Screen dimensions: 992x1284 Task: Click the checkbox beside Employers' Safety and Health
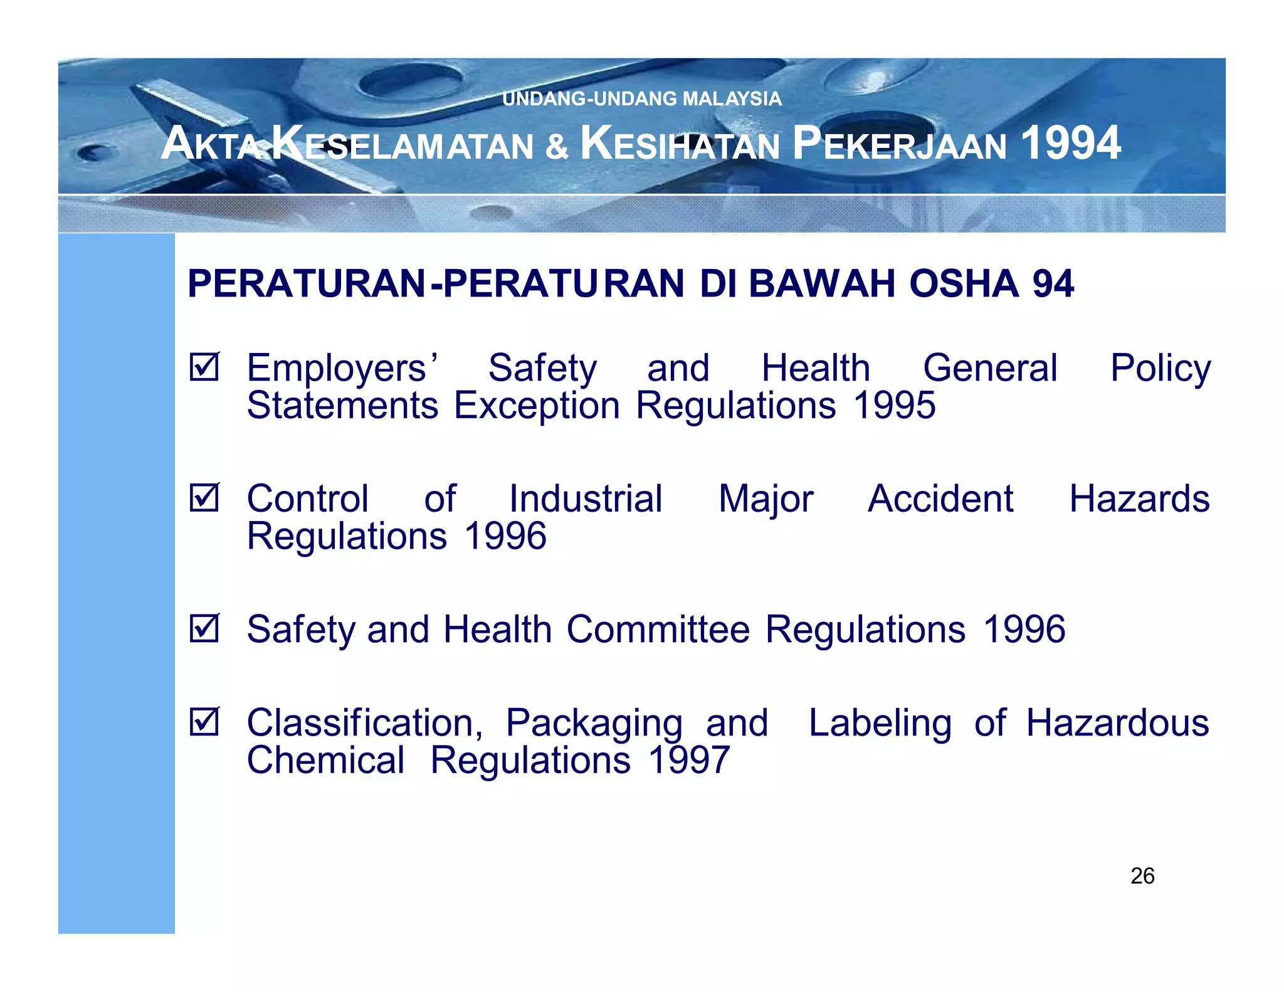click(x=204, y=367)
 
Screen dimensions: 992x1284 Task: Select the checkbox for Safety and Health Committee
click(x=204, y=628)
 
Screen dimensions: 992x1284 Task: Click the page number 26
click(x=1142, y=876)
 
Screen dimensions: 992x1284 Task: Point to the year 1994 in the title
click(x=1070, y=143)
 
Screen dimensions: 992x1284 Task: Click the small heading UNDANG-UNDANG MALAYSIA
click(x=642, y=98)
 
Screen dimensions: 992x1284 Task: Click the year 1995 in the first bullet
click(x=895, y=406)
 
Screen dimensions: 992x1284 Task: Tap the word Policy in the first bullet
click(x=1160, y=368)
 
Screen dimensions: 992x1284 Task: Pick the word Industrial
click(x=586, y=499)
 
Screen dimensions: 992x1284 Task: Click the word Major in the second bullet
click(x=766, y=500)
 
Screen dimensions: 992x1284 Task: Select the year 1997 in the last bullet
click(x=689, y=760)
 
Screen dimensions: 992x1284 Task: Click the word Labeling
click(x=880, y=724)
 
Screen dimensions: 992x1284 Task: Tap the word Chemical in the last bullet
click(x=325, y=760)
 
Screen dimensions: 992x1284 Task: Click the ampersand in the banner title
click(x=557, y=145)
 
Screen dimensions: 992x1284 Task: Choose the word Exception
click(x=537, y=406)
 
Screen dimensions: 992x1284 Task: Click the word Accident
click(x=940, y=499)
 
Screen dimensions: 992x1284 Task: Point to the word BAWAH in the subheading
click(x=822, y=283)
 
